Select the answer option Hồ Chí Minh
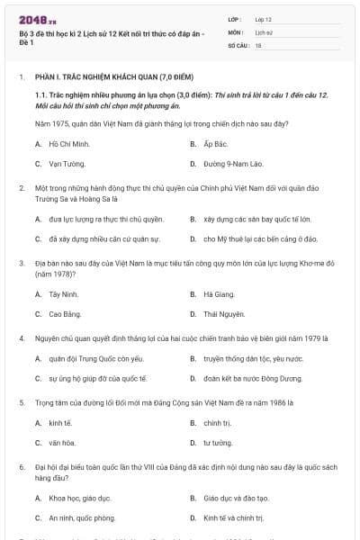pyautogui.click(x=69, y=143)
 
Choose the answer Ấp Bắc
pyautogui.click(x=212, y=143)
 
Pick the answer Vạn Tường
pyautogui.click(x=67, y=164)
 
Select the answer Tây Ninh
pyautogui.click(x=63, y=294)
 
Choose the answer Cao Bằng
pyautogui.click(x=65, y=314)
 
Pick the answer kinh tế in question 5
pyautogui.click(x=59, y=422)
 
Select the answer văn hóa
pyautogui.click(x=61, y=443)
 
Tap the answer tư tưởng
pyautogui.click(x=217, y=443)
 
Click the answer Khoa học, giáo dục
pyautogui.click(x=79, y=498)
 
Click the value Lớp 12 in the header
pyautogui.click(x=263, y=19)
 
